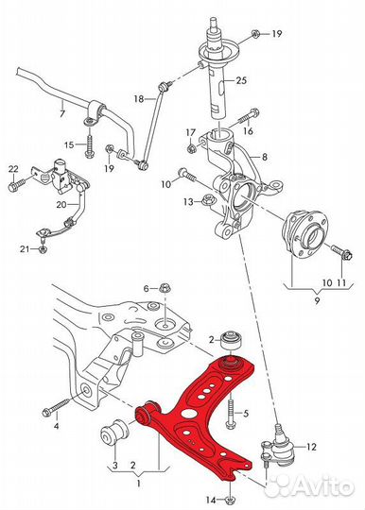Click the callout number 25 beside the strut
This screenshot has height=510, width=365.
pos(241,80)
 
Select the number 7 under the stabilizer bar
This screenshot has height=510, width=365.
pos(62,114)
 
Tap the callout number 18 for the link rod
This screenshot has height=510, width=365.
pos(139,98)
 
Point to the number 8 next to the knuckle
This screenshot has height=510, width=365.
pos(265,157)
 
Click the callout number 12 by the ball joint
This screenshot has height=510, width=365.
pos(311,447)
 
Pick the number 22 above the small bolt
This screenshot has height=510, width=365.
pos(13,169)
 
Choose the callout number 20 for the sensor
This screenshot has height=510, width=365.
pos(61,204)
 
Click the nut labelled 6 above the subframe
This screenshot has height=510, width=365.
pos(165,288)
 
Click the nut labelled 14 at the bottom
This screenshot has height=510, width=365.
pos(230,500)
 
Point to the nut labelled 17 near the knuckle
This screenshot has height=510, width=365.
pos(191,148)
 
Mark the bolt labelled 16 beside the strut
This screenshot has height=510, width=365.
pos(249,117)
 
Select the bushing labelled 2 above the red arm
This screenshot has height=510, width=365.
pos(231,341)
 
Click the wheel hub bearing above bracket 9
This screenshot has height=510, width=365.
pos(304,232)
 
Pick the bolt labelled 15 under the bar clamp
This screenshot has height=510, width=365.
pos(89,145)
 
